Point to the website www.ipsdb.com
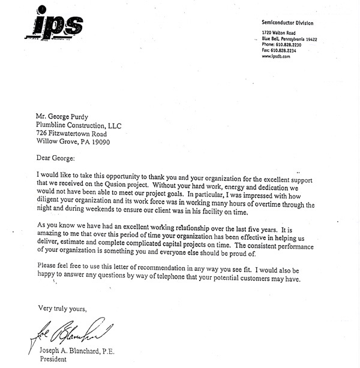(277, 56)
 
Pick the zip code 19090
(101, 143)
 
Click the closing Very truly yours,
(62, 309)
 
